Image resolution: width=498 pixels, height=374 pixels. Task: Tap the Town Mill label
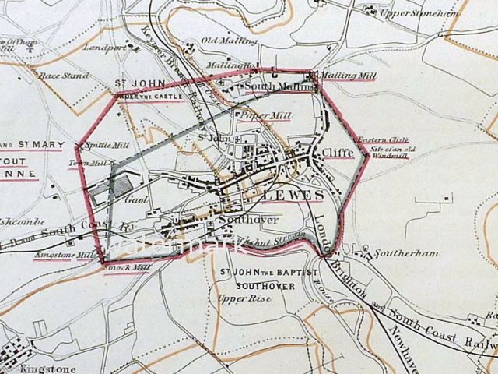86,163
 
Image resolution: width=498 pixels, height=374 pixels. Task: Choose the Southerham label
398,253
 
